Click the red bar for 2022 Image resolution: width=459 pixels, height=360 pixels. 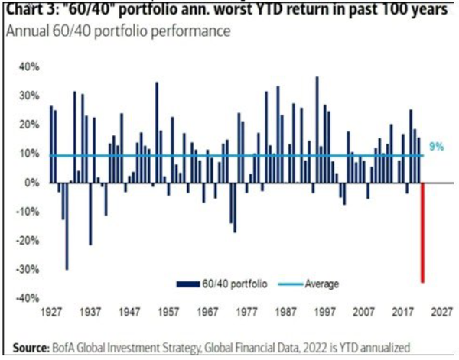click(423, 232)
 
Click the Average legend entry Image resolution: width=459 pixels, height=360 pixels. click(313, 284)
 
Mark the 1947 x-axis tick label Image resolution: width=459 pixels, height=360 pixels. click(129, 312)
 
